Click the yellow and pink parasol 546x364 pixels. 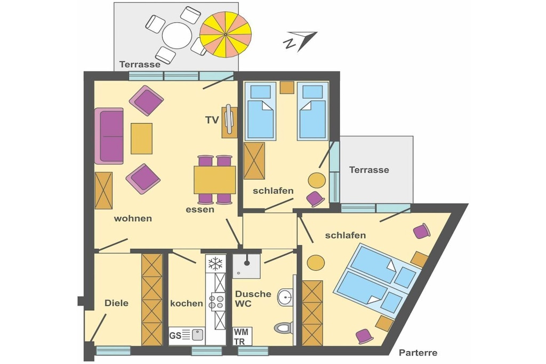tap(226, 34)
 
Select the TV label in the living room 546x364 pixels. tap(212, 120)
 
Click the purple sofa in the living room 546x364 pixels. tap(109, 136)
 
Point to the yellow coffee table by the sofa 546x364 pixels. tap(141, 139)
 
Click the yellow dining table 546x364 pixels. tap(215, 180)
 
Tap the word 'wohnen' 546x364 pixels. tap(133, 219)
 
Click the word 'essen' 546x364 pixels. tap(200, 209)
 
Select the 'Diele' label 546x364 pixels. tap(116, 303)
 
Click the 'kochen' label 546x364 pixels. tap(186, 303)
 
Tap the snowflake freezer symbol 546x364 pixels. tap(215, 263)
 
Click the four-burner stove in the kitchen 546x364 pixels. tap(216, 302)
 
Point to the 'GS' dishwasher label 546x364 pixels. tap(175, 335)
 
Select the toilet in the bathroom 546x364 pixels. tap(284, 327)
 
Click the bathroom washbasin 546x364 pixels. tap(285, 297)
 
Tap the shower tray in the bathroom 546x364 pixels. tap(246, 266)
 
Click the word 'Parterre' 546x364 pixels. tap(418, 353)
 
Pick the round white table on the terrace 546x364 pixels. tap(177, 36)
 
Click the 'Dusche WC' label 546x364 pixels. tap(253, 298)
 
